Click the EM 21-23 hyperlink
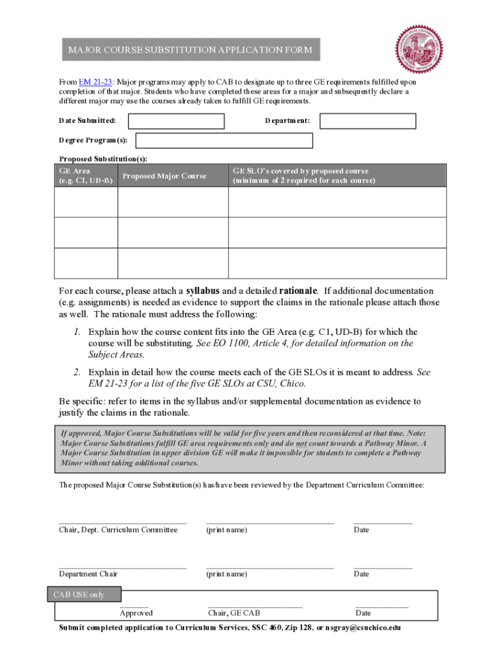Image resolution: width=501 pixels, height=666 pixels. click(x=96, y=82)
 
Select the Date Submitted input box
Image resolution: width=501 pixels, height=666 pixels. click(x=176, y=121)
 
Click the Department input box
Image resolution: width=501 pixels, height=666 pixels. click(x=368, y=121)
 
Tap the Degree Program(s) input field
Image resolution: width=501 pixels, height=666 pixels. click(x=224, y=140)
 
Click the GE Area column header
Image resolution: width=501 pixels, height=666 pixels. click(x=85, y=176)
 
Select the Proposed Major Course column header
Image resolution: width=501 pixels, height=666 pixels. click(x=164, y=176)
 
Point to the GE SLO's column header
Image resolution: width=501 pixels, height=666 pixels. click(x=304, y=176)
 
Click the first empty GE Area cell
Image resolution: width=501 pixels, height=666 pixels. click(x=85, y=202)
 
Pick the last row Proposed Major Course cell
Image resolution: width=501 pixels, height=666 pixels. click(x=172, y=263)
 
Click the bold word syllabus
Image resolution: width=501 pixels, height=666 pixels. click(x=202, y=290)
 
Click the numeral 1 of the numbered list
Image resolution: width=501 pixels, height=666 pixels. click(x=76, y=332)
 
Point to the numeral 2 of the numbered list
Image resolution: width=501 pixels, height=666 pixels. click(x=76, y=372)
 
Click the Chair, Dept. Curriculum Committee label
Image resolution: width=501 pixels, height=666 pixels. click(x=118, y=530)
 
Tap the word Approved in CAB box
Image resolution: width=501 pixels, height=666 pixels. click(x=136, y=613)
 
